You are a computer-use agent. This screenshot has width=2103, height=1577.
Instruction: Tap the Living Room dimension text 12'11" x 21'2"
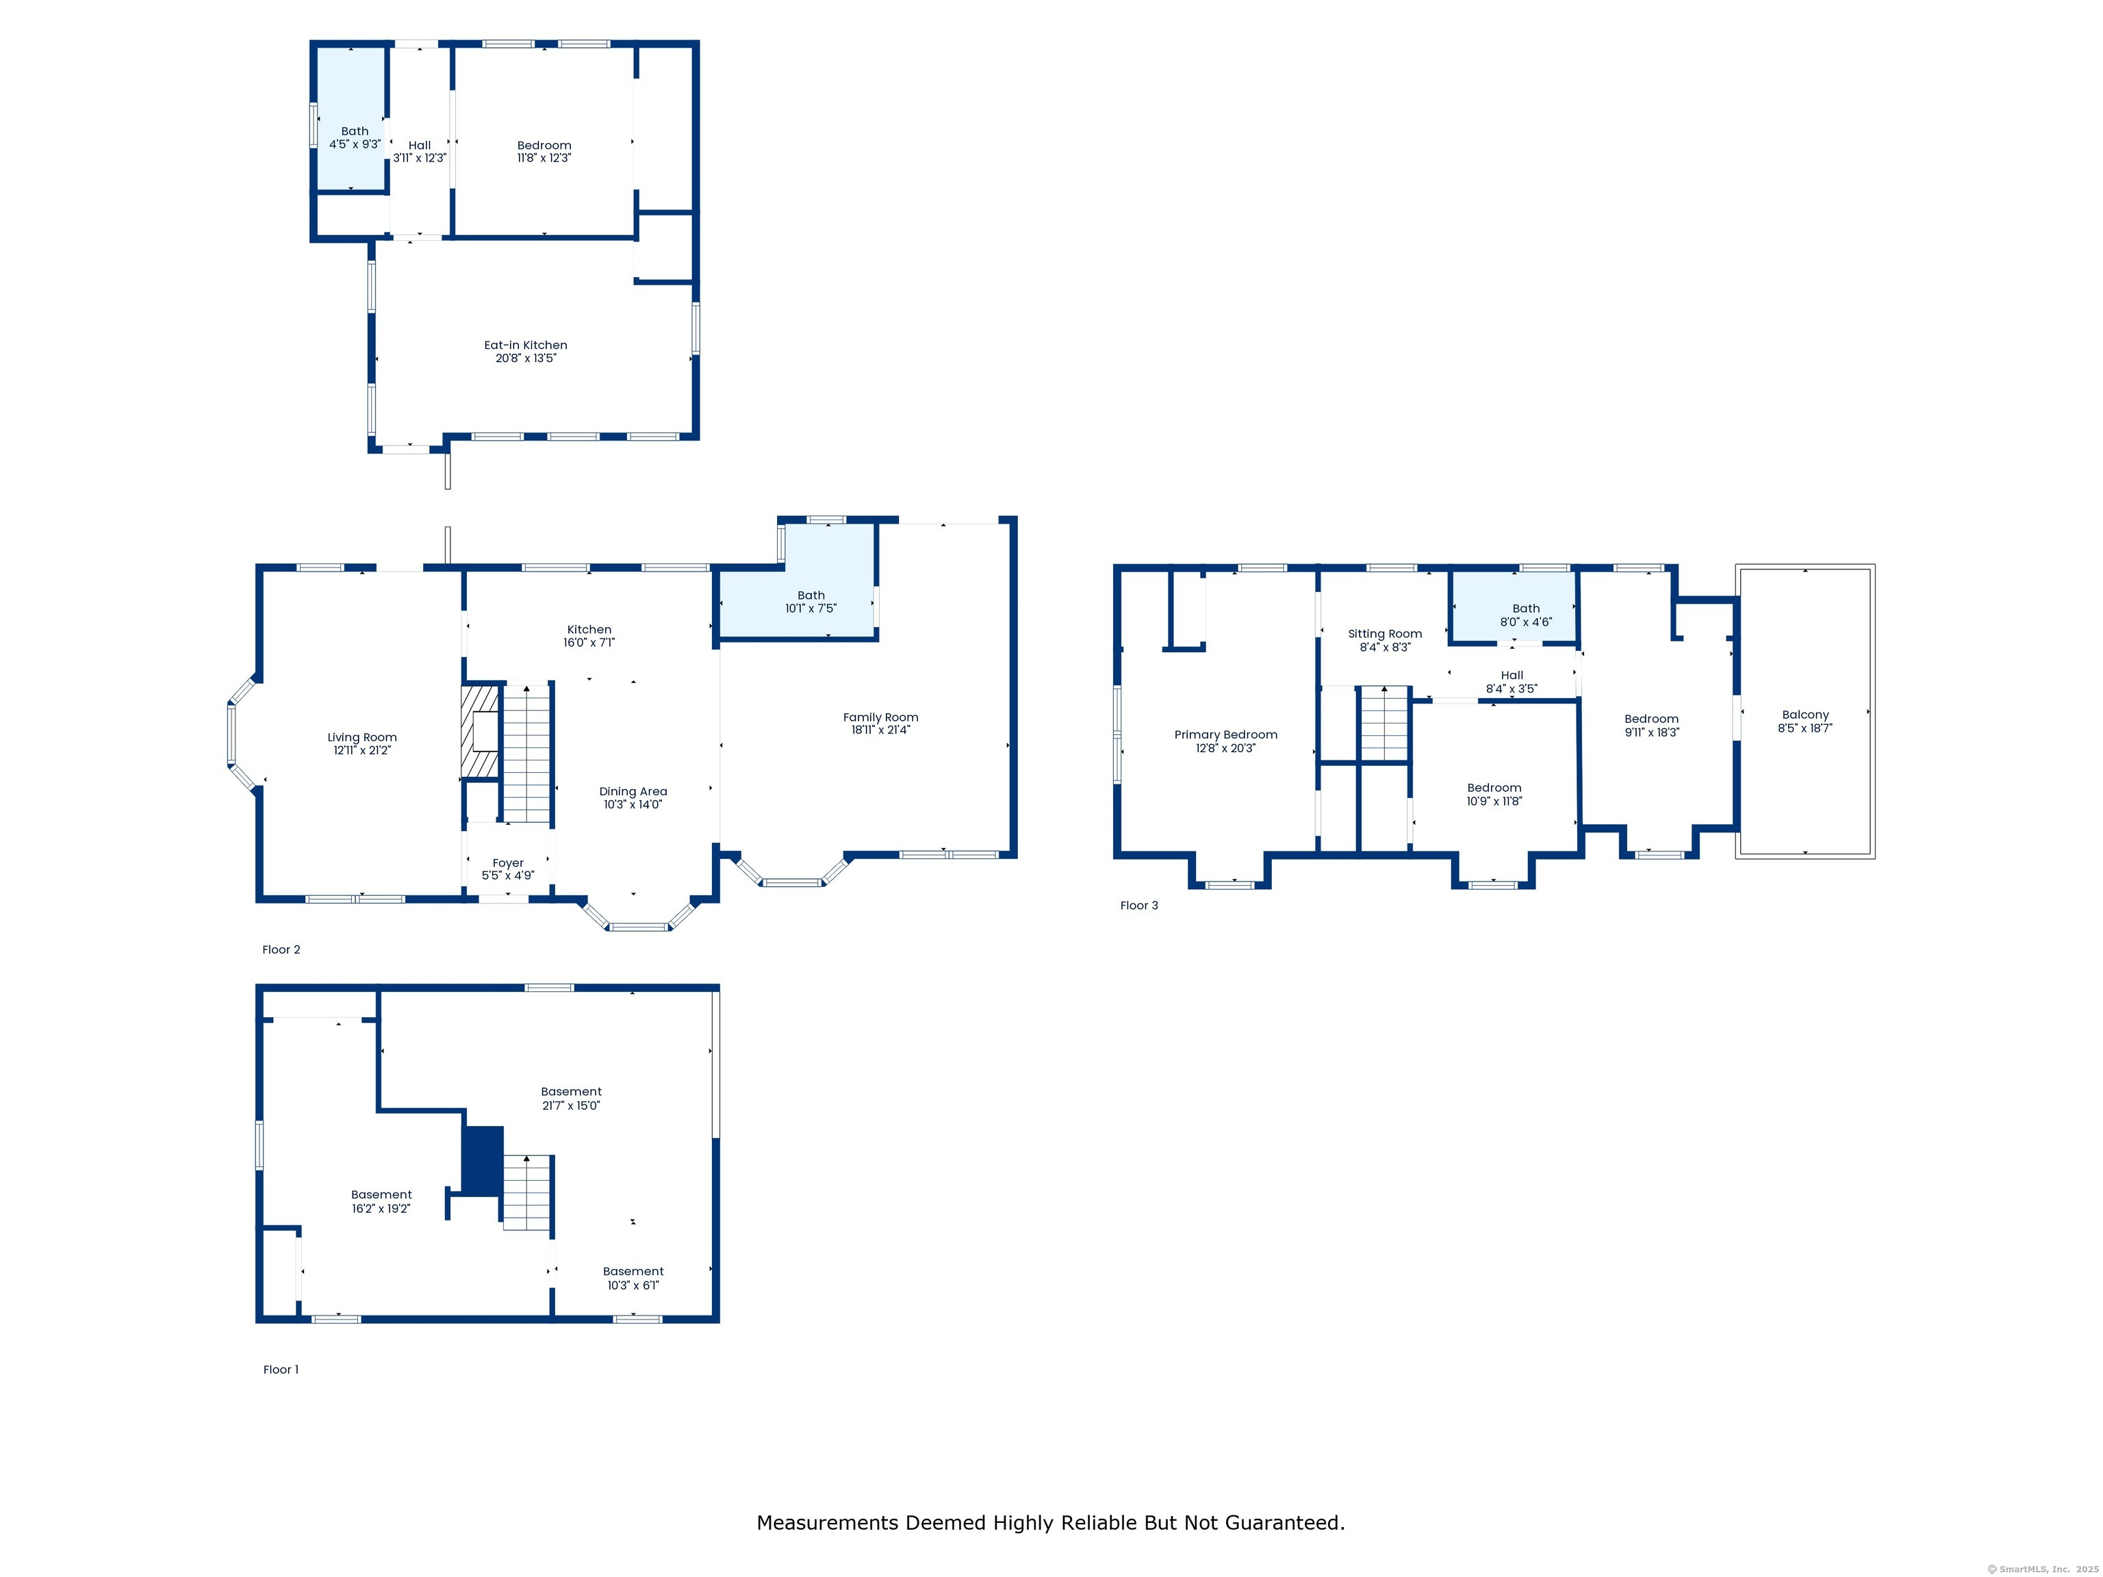click(362, 750)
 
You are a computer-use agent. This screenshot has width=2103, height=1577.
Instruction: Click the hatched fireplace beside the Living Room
click(480, 731)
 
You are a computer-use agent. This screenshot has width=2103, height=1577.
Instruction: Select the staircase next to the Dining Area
click(526, 753)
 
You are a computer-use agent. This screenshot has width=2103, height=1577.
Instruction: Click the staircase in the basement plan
click(526, 1193)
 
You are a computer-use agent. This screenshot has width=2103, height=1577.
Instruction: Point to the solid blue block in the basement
click(482, 1161)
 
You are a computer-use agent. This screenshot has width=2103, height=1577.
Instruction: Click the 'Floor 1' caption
click(281, 1370)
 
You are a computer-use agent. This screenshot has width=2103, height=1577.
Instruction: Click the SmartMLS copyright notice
click(2042, 1569)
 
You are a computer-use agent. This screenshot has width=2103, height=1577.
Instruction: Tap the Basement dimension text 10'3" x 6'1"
click(633, 1285)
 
